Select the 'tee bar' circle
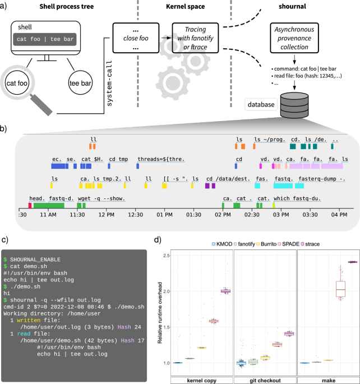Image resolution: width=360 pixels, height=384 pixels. click(x=81, y=83)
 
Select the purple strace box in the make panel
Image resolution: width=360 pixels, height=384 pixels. click(x=337, y=262)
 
